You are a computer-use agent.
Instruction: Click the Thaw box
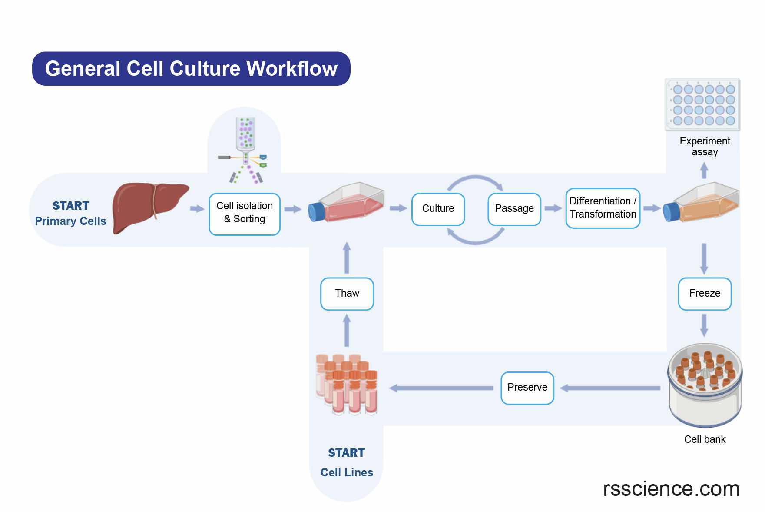click(347, 294)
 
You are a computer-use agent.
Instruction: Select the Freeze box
click(704, 294)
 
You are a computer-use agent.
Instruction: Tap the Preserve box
click(527, 388)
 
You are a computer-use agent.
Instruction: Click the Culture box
click(438, 209)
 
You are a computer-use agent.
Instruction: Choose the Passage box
click(514, 209)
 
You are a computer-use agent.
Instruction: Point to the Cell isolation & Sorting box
click(244, 214)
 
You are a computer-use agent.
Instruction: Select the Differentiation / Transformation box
click(603, 208)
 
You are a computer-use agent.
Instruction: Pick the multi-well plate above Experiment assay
click(702, 104)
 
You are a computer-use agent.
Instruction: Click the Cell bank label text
click(704, 439)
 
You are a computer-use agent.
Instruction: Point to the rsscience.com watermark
click(671, 489)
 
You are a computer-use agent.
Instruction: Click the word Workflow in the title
click(292, 69)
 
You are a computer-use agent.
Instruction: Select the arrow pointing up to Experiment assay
click(704, 170)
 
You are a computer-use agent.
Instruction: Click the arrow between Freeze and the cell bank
click(704, 325)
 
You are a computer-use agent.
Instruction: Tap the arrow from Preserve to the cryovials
click(441, 388)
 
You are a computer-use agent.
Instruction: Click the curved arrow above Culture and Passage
click(475, 180)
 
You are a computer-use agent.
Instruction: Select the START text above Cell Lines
click(346, 453)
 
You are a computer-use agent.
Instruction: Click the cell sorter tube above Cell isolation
click(245, 133)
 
